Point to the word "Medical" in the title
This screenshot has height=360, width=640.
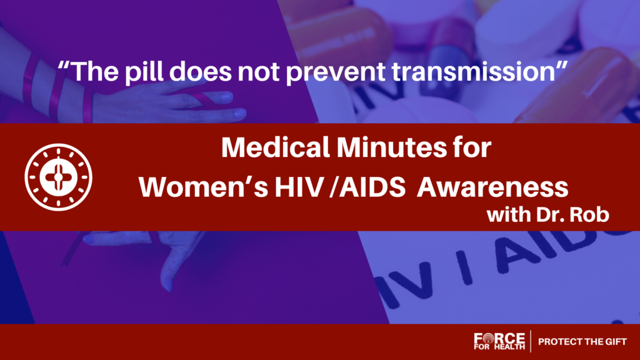tap(276, 147)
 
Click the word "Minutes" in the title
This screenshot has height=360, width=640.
tap(392, 147)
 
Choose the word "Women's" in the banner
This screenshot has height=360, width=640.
tap(203, 187)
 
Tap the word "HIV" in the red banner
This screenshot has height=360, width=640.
tap(299, 187)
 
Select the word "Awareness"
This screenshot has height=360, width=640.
tap(492, 187)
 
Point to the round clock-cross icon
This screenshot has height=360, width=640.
tap(58, 177)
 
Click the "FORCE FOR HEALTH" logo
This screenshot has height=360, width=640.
tap(499, 341)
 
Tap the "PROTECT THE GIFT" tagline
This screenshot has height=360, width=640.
tap(582, 342)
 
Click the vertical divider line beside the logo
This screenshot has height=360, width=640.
tap(531, 341)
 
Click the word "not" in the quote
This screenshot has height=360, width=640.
tap(259, 72)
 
